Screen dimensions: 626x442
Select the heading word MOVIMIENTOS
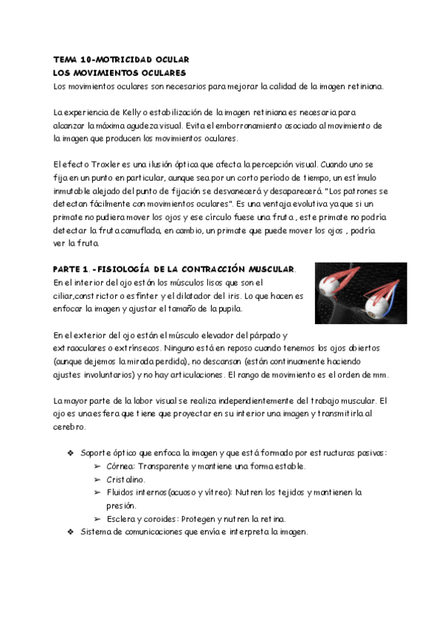103,72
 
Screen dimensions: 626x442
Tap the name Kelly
132,112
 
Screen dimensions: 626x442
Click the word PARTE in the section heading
69,269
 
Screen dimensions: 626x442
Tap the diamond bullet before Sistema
70,532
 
